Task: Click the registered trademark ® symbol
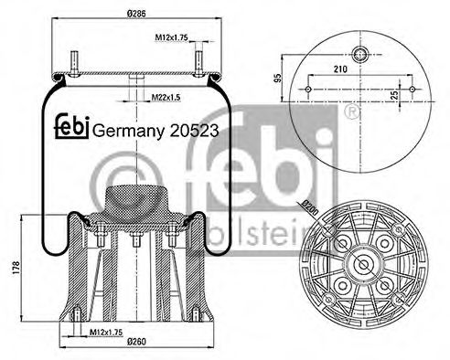[351, 112]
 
